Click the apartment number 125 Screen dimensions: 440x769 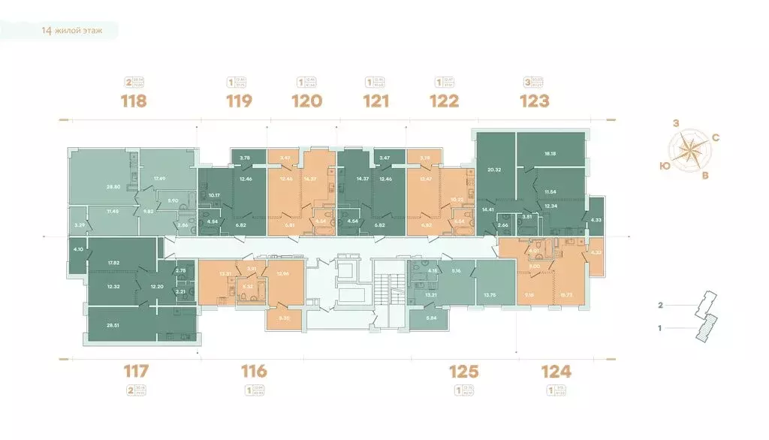pyautogui.click(x=463, y=370)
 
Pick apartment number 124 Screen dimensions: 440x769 pyautogui.click(x=556, y=370)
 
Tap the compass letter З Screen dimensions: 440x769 pyautogui.click(x=676, y=124)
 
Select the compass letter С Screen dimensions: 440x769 pyautogui.click(x=716, y=137)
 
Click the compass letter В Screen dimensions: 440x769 pyautogui.click(x=704, y=176)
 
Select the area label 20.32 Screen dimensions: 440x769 pyautogui.click(x=493, y=170)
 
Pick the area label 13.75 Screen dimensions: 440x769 pyautogui.click(x=489, y=294)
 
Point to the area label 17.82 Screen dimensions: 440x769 pyautogui.click(x=114, y=262)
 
